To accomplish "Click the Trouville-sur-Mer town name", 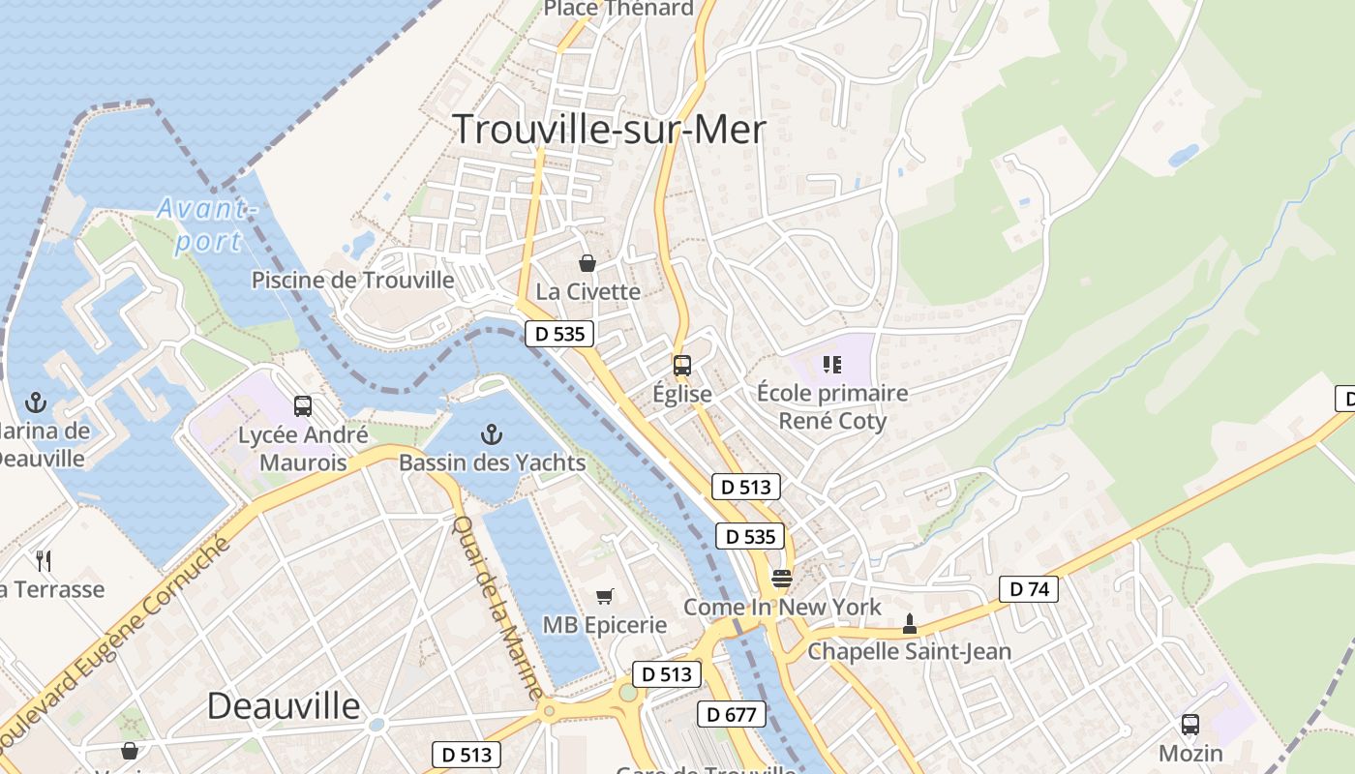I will [609, 129].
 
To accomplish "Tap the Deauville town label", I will [284, 705].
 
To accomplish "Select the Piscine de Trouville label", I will [352, 281].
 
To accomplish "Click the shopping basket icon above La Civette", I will [587, 262].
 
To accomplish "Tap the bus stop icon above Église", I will [682, 366].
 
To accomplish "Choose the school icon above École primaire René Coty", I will [832, 365].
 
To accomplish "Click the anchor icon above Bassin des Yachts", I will [492, 434].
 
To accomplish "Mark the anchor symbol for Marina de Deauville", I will [36, 402].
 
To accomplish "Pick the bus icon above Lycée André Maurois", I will [303, 406].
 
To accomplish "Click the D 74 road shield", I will [1029, 588].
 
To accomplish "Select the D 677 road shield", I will [732, 715].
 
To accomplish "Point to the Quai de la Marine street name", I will [497, 608].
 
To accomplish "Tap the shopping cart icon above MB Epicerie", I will [605, 597].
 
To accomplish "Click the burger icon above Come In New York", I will [782, 579].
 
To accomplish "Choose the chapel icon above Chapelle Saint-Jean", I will [909, 624].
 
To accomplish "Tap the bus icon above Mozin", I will [1190, 724].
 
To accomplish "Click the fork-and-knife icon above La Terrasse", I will [44, 560].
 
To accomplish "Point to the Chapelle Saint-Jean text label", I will [909, 651].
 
